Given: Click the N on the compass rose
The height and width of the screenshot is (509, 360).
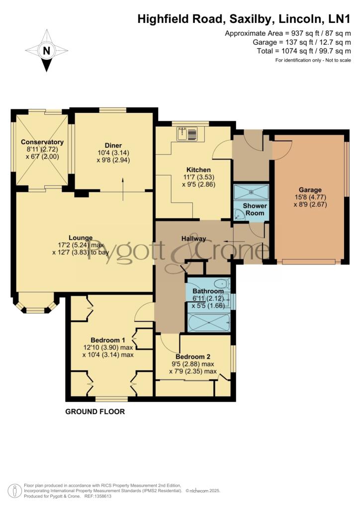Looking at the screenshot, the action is (x=47, y=51).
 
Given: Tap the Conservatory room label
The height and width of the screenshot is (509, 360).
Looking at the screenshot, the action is (x=42, y=142).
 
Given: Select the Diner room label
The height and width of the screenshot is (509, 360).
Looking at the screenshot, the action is (x=113, y=146).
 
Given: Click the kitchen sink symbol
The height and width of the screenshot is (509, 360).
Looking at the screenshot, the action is (x=187, y=134).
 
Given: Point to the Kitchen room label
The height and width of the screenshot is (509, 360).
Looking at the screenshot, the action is (x=198, y=170).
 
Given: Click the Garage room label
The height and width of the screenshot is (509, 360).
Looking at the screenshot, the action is (x=310, y=190).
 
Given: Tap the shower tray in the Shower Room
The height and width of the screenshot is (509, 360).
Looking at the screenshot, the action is (x=251, y=192).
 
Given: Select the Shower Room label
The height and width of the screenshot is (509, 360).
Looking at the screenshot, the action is (x=255, y=209).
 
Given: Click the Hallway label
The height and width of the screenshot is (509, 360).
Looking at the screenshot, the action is (x=194, y=239).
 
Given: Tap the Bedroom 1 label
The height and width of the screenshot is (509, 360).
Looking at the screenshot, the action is (x=108, y=340).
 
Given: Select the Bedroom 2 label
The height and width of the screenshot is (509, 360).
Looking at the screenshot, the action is (x=193, y=357).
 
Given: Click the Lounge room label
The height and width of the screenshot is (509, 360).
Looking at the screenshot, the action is (x=81, y=238).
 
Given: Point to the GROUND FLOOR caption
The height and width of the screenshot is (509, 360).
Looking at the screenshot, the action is (x=95, y=412).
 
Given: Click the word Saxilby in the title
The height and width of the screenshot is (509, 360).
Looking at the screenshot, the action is (x=250, y=19).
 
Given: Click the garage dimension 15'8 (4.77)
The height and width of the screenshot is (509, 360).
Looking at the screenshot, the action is (x=310, y=197).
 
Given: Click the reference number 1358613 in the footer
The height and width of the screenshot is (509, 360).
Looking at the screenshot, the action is (x=102, y=497).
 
